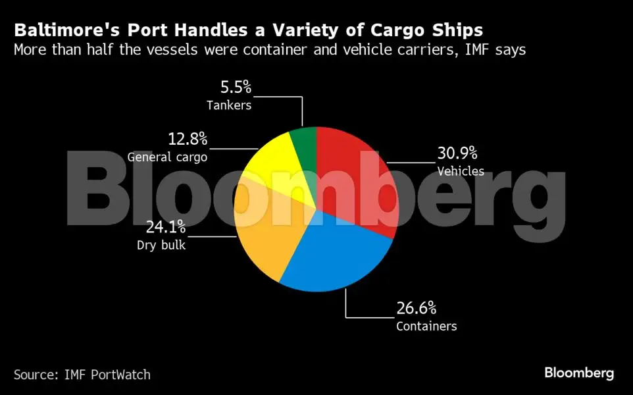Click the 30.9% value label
click(x=457, y=153)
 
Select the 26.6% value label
click(x=416, y=308)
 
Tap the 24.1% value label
click(x=165, y=228)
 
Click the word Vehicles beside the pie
click(x=461, y=171)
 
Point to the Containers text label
click(x=426, y=326)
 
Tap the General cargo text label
click(x=167, y=157)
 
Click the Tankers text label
click(x=229, y=105)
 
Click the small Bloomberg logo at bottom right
click(x=579, y=373)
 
